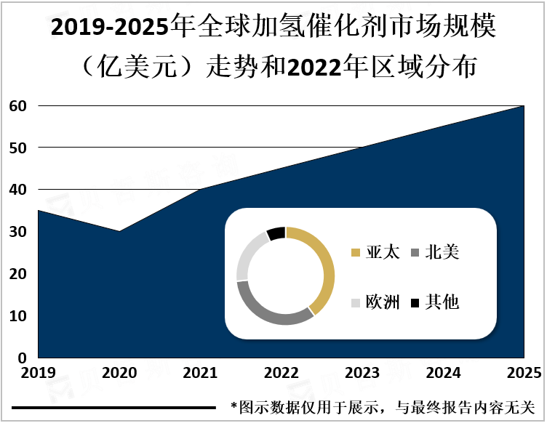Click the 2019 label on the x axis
tap(38, 374)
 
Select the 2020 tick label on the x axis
tap(119, 374)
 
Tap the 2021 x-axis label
tap(200, 374)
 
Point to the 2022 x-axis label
tap(281, 374)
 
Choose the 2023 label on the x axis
tap(362, 374)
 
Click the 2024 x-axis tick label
tap(442, 374)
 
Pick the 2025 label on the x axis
tap(523, 374)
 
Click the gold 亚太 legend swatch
tap(356, 253)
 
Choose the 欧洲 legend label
tap(383, 302)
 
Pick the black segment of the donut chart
tap(276, 233)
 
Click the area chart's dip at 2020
tap(119, 233)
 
